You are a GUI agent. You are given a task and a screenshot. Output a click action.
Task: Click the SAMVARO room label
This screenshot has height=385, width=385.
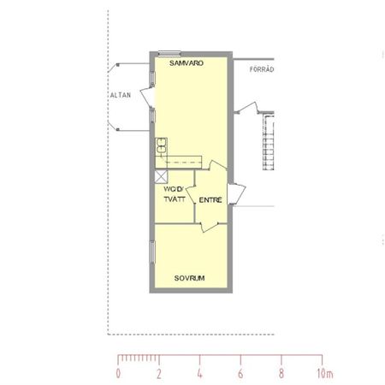coord(186,62)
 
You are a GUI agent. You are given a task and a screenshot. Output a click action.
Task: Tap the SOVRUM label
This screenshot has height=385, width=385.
coord(189,278)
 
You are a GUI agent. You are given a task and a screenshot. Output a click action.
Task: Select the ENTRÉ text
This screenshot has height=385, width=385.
coord(210,199)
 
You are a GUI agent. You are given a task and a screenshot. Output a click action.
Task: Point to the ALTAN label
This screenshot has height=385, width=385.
coord(120,95)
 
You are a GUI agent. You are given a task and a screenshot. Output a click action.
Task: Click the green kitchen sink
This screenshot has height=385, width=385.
coord(160,146)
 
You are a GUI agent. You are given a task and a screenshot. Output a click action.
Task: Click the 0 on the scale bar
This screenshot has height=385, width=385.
coord(118,374)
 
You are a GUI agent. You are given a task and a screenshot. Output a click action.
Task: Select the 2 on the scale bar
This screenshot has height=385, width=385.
coord(159,374)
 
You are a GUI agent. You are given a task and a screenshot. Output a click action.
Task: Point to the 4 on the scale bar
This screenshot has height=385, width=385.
coord(200,374)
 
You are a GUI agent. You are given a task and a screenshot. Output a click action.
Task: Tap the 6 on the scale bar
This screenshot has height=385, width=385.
coord(240,374)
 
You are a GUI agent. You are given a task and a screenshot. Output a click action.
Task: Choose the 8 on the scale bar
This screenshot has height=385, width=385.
coord(281,374)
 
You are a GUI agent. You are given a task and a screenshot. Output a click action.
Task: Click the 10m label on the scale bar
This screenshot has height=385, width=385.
coord(325,374)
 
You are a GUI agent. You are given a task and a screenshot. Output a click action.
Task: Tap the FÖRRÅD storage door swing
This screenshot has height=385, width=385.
coord(249,109)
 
